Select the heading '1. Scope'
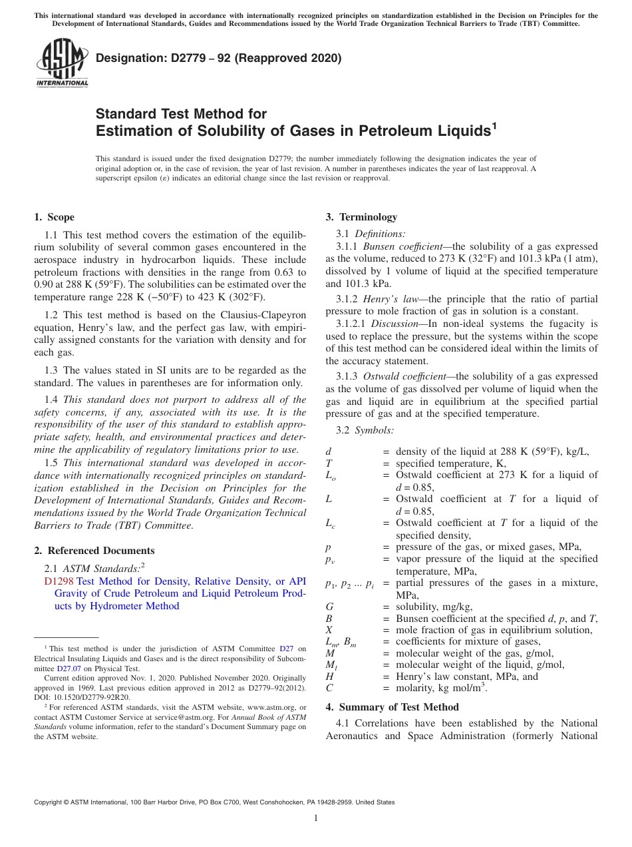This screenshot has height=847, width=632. click(x=54, y=217)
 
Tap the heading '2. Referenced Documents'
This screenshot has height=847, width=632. click(x=94, y=551)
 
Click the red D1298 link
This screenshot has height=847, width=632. click(x=59, y=581)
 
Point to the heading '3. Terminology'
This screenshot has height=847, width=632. click(x=361, y=217)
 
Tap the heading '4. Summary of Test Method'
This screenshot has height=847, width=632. click(x=392, y=707)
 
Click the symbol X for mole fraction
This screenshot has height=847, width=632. click(x=329, y=630)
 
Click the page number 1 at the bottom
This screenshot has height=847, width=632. click(x=316, y=818)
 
